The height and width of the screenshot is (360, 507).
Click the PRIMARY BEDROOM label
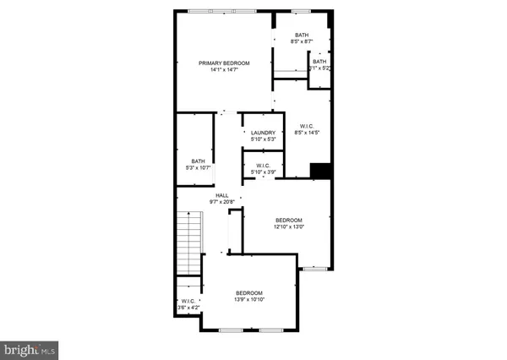click(224, 63)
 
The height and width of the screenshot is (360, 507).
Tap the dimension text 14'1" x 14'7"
click(224, 70)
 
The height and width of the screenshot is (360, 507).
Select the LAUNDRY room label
click(264, 133)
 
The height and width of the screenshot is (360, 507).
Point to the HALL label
click(222, 195)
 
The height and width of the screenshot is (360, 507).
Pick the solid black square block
click(319, 170)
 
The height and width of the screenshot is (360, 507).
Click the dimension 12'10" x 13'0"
click(288, 226)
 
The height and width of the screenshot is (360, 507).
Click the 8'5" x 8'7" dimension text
click(302, 41)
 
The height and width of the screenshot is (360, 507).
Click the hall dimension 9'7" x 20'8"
click(222, 202)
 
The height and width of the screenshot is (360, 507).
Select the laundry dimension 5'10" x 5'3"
click(264, 139)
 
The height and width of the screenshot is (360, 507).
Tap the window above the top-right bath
click(302, 11)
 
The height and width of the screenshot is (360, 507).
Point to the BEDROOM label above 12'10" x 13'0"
click(288, 220)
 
